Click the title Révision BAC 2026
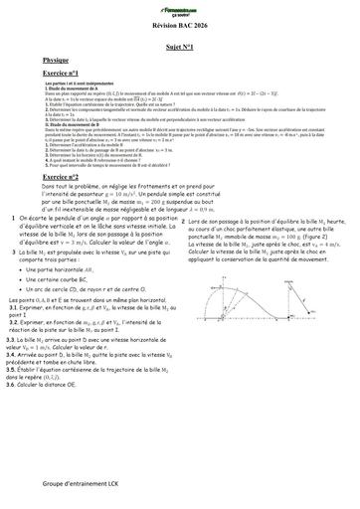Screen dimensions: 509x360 click(180, 24)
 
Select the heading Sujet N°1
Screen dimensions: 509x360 click(180, 46)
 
